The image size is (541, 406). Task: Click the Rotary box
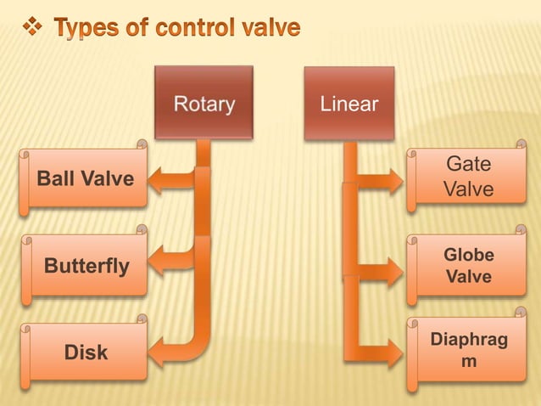tap(204, 103)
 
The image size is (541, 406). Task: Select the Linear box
tap(349, 103)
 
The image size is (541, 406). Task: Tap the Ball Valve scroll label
tap(84, 179)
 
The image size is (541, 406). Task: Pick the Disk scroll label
tap(84, 351)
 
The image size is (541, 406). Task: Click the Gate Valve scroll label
tap(469, 177)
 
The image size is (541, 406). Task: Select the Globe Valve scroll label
tap(469, 267)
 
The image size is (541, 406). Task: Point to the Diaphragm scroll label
tap(469, 350)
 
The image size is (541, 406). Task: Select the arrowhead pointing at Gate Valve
tap(393, 181)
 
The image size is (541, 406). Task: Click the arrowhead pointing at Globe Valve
tap(393, 272)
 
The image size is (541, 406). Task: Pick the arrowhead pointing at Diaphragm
tap(393, 351)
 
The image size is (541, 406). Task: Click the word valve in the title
tap(269, 29)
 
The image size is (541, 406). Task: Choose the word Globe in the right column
tap(469, 256)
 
